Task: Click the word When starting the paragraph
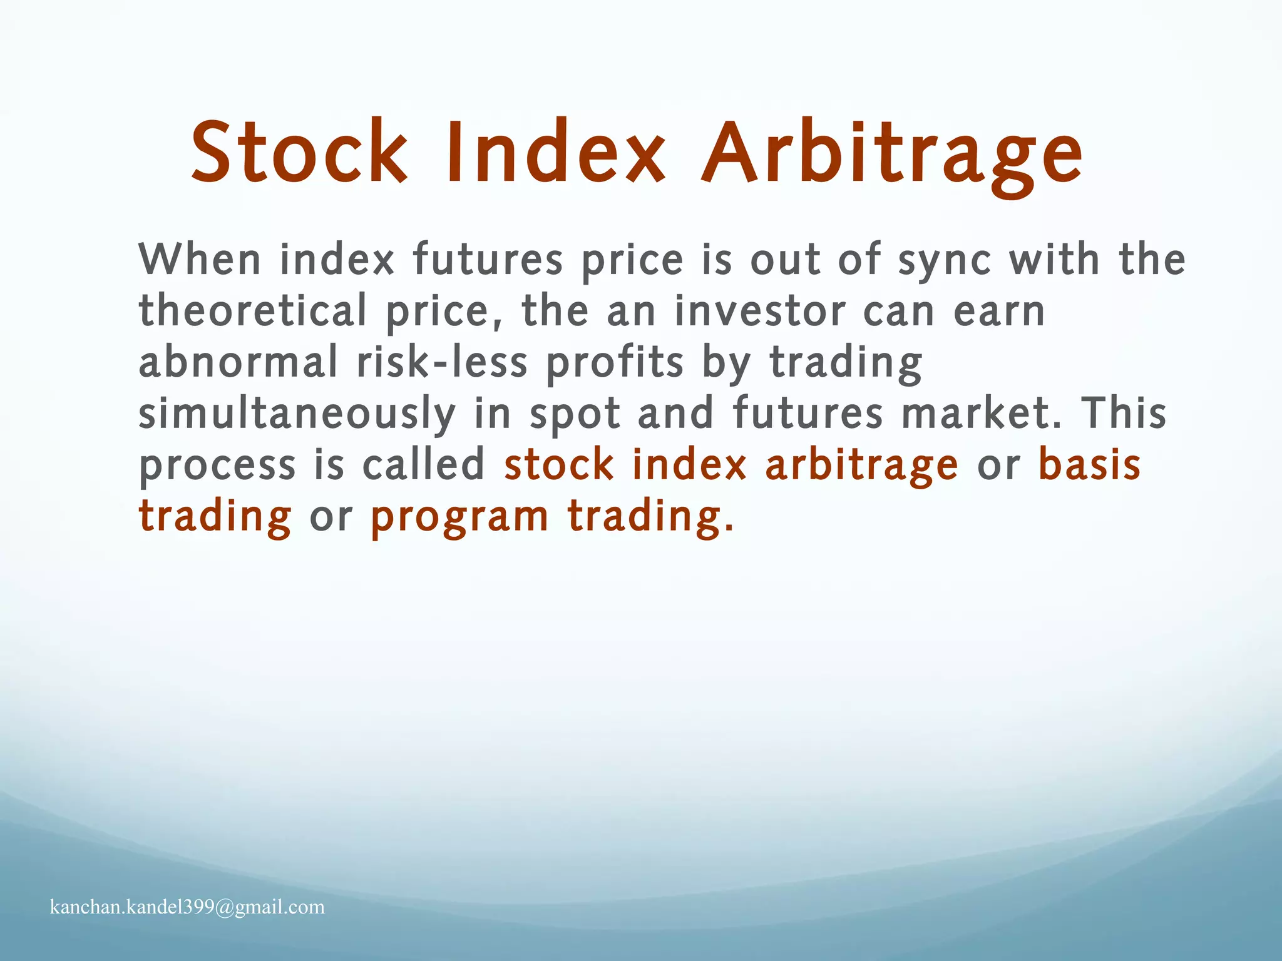(x=199, y=259)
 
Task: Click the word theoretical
(x=252, y=311)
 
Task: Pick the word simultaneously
(x=297, y=415)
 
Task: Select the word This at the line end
(x=1124, y=414)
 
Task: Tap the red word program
(x=459, y=518)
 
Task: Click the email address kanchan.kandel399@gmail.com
(x=187, y=907)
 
